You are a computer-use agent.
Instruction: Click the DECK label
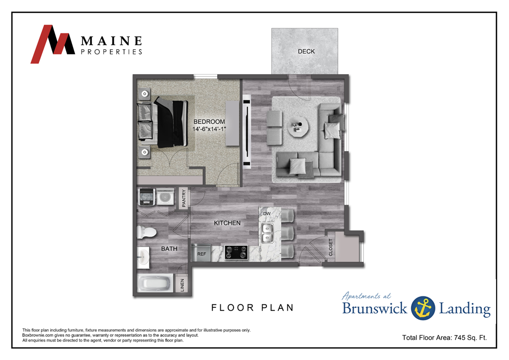[306, 51]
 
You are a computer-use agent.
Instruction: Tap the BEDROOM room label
[209, 122]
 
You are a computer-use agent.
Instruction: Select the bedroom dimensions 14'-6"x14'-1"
[209, 129]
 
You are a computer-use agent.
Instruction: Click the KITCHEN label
[227, 223]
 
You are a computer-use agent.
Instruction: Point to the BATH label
[169, 249]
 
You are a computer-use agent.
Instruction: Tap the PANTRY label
[183, 198]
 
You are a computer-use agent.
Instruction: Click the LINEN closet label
[182, 285]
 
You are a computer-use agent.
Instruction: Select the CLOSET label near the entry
[331, 247]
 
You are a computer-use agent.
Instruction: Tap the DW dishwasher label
[266, 214]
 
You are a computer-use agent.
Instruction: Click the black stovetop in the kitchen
[236, 253]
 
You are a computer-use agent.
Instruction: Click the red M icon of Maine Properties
[55, 44]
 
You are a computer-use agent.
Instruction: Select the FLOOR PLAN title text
[253, 308]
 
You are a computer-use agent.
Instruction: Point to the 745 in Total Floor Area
[460, 338]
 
